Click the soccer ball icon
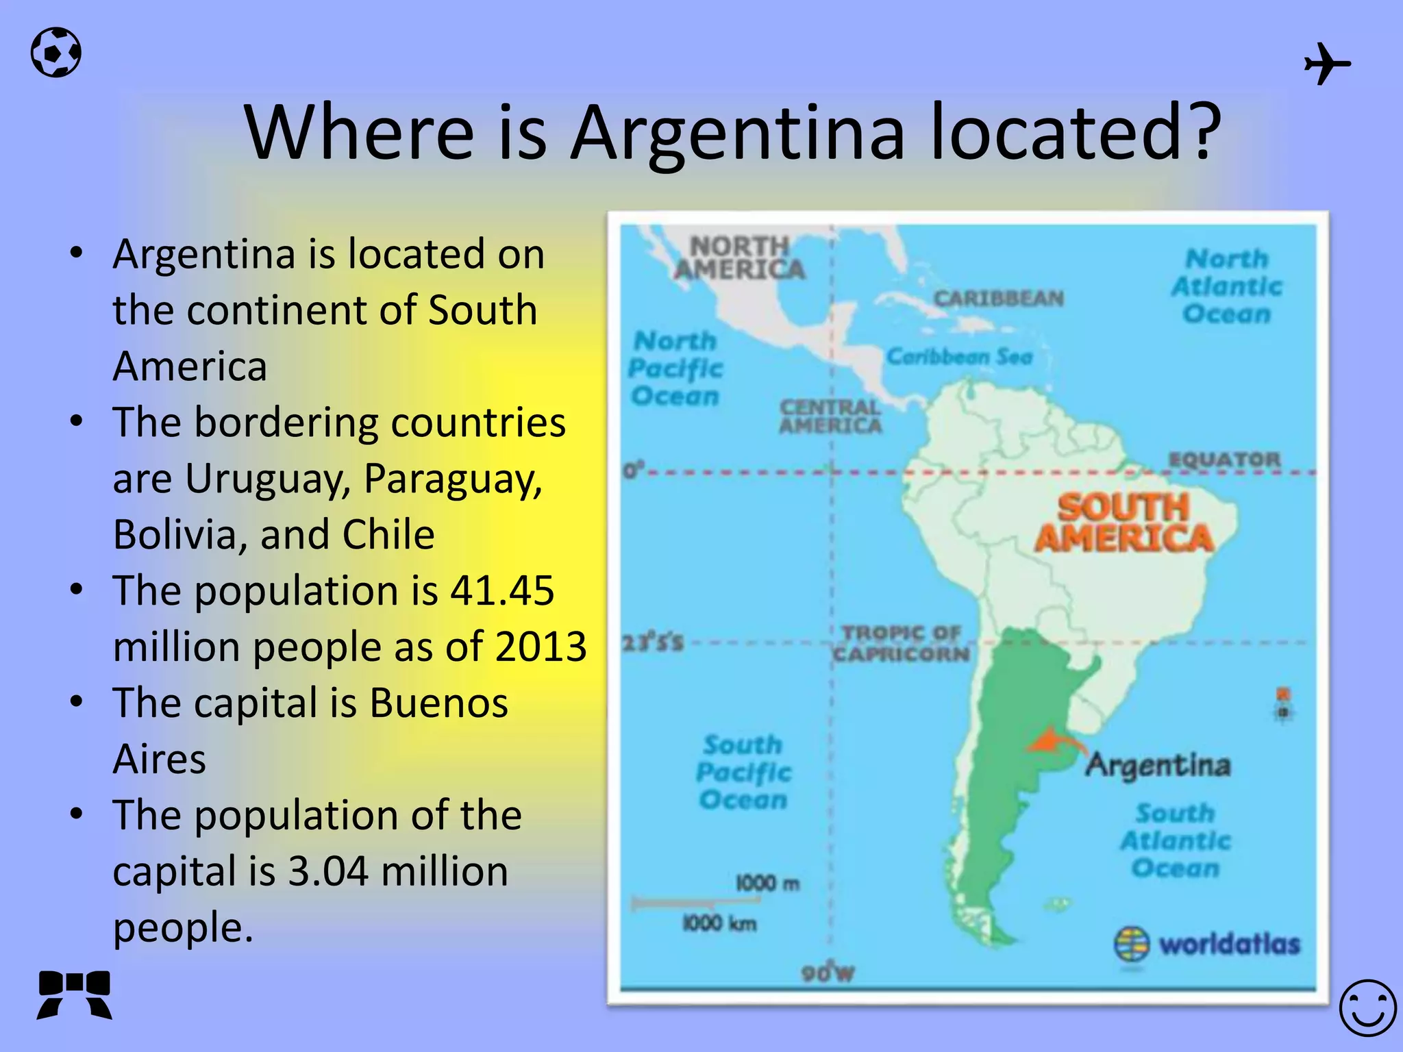[x=56, y=52]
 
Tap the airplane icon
[x=1326, y=64]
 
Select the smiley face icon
[x=1367, y=1008]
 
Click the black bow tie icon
[x=75, y=994]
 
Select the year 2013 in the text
[x=541, y=647]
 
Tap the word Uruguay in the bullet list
[x=268, y=478]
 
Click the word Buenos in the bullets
[x=438, y=703]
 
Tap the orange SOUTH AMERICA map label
[x=1123, y=523]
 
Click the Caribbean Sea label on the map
[x=959, y=357]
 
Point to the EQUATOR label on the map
[x=1224, y=460]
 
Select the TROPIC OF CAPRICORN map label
[x=902, y=643]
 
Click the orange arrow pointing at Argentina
[x=1055, y=743]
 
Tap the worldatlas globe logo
[x=1132, y=944]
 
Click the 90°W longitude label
[x=828, y=973]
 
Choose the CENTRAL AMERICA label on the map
[x=830, y=416]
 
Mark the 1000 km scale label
[x=719, y=923]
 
